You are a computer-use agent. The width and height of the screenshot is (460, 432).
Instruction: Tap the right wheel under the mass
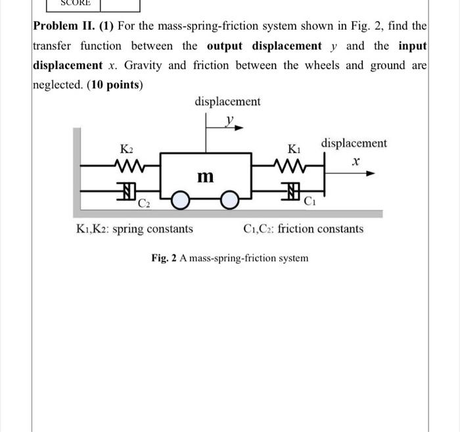click(x=229, y=201)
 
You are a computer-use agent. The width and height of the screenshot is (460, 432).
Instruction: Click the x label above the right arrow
click(x=356, y=160)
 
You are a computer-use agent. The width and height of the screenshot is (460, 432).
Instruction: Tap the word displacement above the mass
click(x=227, y=101)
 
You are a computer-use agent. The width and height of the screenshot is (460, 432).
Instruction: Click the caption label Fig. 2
click(x=164, y=258)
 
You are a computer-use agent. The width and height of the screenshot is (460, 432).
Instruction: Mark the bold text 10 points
click(x=115, y=85)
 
